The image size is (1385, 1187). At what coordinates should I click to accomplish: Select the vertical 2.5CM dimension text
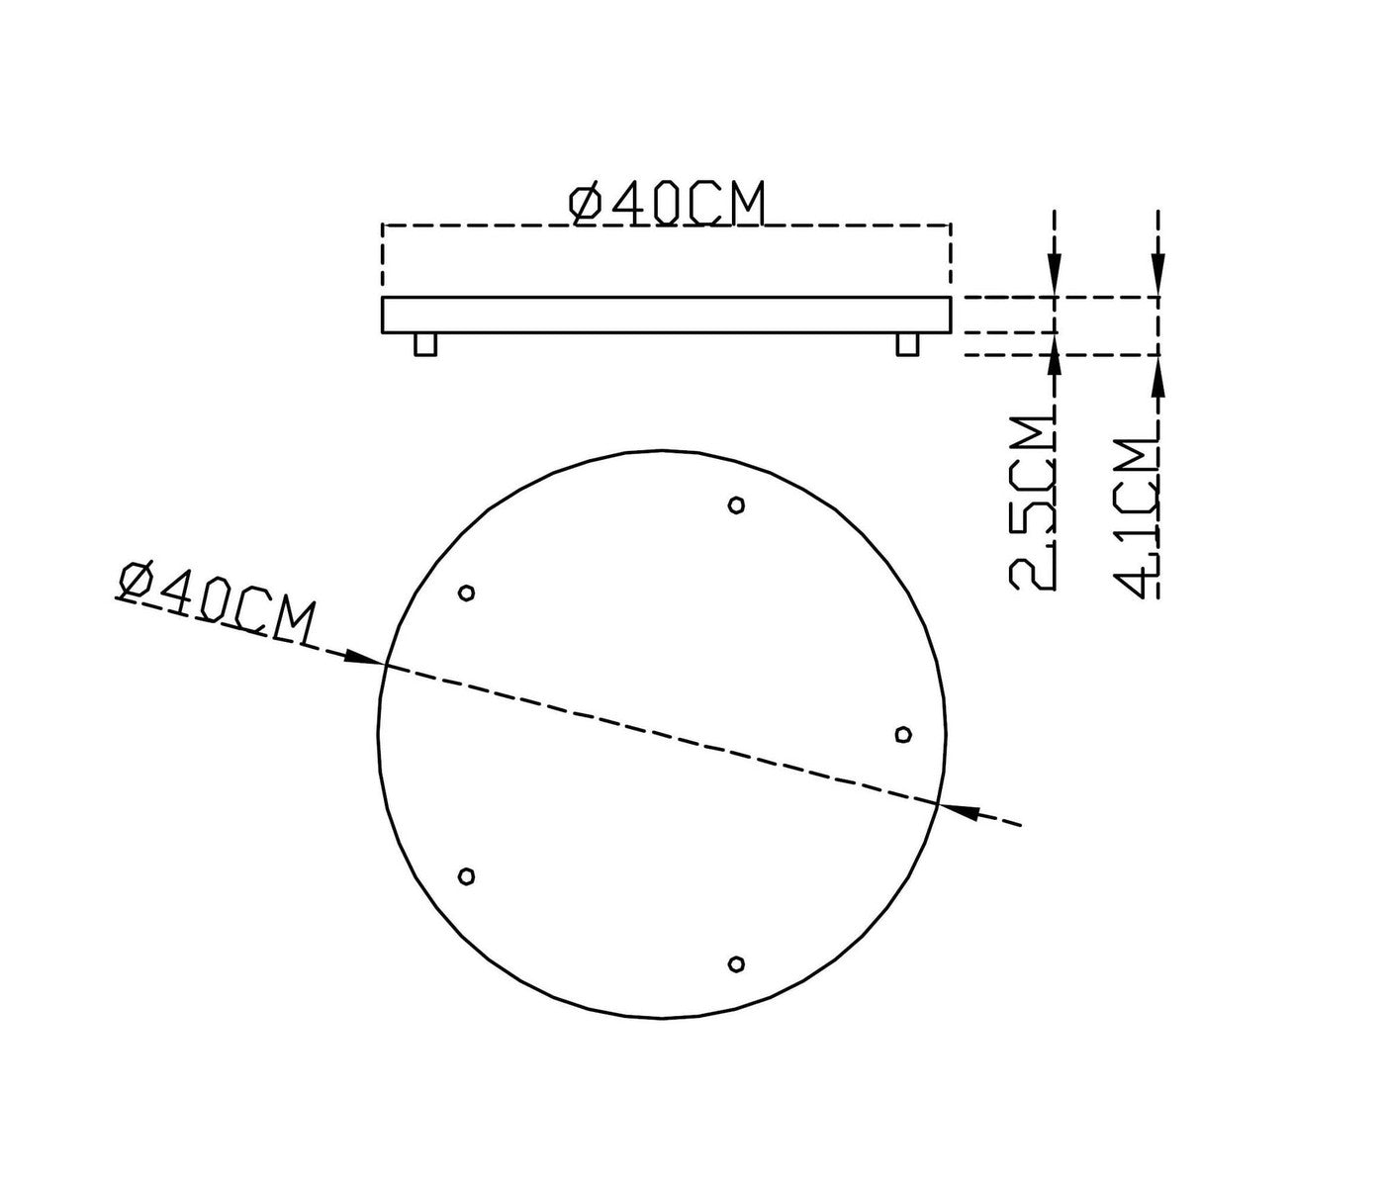(1033, 503)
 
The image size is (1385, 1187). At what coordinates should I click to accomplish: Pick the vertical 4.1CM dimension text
(1136, 517)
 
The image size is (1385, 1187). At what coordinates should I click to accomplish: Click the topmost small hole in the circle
(736, 505)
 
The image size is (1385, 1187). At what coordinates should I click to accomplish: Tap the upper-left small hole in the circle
(467, 593)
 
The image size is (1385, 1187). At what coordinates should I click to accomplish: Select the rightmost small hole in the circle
(903, 734)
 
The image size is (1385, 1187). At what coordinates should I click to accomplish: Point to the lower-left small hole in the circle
(467, 876)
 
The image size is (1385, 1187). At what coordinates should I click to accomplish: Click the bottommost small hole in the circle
(736, 963)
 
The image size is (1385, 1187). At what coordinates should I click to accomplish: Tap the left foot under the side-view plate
(425, 344)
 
